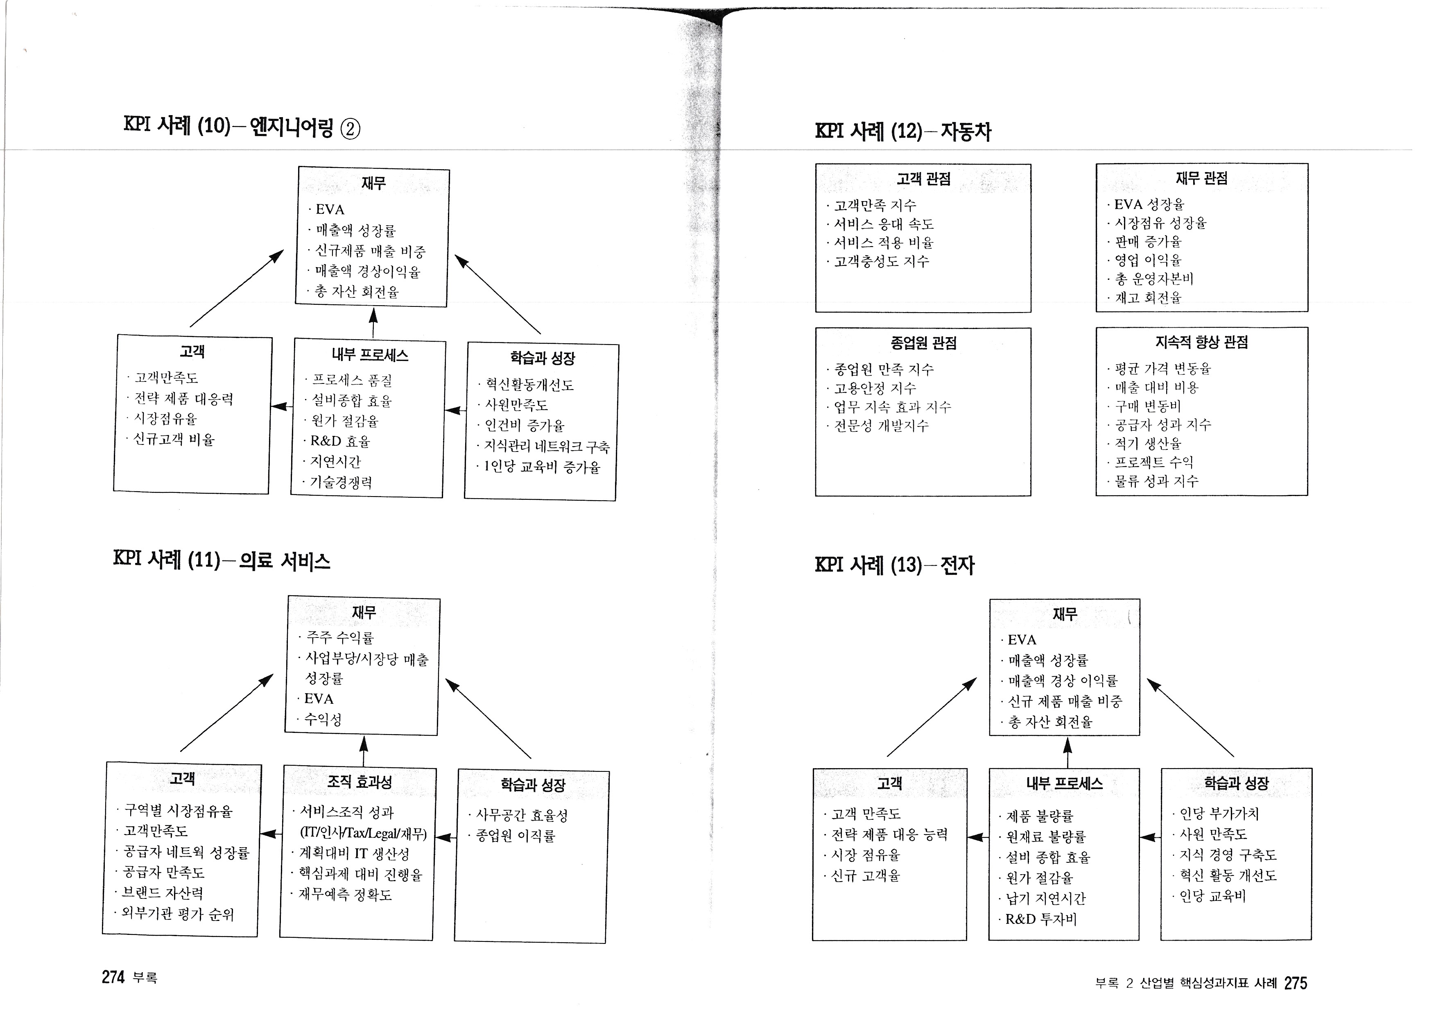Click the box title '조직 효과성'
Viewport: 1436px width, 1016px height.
359,781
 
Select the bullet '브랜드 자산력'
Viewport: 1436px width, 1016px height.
162,893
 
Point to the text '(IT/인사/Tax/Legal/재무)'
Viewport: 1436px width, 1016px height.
363,833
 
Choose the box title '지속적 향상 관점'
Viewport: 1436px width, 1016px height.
1201,342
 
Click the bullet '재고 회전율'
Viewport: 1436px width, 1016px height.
1148,298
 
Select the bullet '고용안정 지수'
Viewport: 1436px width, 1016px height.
875,388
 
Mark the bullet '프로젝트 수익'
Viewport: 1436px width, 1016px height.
1154,463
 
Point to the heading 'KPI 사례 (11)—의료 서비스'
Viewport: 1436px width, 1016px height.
222,559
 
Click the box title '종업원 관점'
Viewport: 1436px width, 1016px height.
923,343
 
